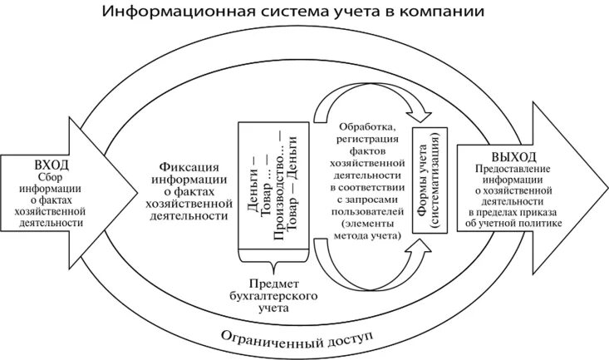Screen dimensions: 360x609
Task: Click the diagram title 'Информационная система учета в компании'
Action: (304, 12)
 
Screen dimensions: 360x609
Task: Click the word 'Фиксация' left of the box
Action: (190, 162)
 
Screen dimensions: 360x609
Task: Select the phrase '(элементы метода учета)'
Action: (370, 230)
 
